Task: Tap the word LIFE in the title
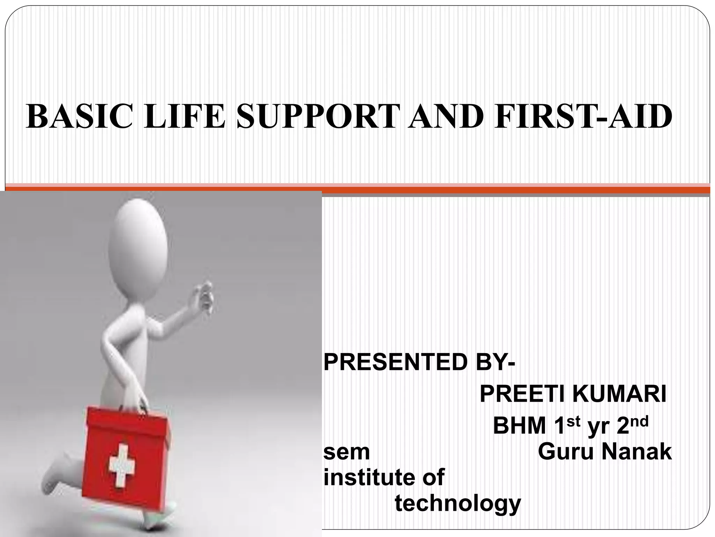184,116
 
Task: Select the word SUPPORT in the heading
318,116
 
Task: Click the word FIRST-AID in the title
583,116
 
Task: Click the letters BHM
519,426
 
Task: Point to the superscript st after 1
573,422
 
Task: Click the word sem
346,452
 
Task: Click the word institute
368,477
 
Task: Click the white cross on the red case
121,465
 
